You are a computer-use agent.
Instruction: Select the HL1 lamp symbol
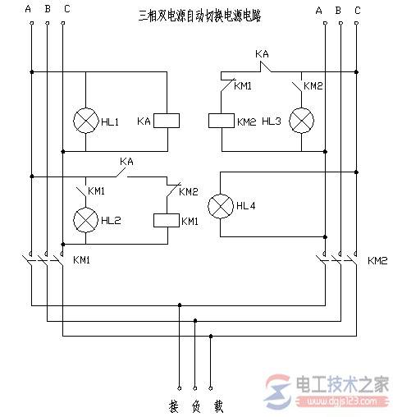tap(86, 121)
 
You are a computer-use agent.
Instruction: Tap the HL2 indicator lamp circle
tap(86, 220)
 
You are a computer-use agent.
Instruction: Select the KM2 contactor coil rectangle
tap(222, 121)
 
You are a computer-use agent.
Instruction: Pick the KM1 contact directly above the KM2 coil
tap(223, 83)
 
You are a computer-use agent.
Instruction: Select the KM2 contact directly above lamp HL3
tap(297, 85)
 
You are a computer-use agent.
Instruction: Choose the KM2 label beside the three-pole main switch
tap(377, 261)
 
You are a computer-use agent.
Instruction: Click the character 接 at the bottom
tap(174, 406)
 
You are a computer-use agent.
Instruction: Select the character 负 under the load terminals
tap(195, 406)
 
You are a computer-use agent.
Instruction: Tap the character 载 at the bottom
tap(217, 406)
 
